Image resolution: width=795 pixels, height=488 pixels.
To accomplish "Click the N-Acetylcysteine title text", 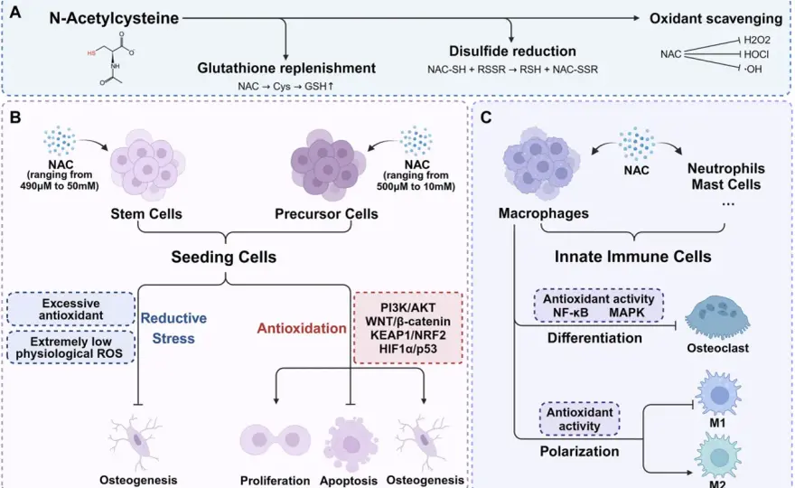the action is coord(114,18).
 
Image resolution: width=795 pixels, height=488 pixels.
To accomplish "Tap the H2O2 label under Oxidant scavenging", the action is coord(757,40).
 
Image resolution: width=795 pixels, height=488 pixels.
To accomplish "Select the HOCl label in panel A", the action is coord(756,54).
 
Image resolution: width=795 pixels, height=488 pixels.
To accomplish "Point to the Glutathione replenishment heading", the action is coord(286,68).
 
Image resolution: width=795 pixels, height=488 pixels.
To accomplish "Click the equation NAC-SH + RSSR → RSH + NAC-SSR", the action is coord(512,70).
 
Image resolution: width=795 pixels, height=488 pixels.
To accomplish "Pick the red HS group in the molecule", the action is coord(91,52).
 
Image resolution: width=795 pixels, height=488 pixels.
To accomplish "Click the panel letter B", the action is coord(15,117).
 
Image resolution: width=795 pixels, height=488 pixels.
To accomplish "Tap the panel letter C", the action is coord(485,117).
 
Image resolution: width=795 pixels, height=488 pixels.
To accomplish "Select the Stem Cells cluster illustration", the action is coord(147,164).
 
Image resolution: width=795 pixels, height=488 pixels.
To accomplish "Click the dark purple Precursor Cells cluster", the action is coord(328,164).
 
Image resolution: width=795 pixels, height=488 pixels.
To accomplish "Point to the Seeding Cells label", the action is coord(224,257).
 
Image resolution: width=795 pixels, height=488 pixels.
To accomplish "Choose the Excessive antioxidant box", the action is coord(71,309).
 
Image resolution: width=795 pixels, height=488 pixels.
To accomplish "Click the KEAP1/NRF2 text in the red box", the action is coord(407,334).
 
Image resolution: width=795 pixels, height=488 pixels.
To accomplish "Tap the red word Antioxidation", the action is coord(302,328).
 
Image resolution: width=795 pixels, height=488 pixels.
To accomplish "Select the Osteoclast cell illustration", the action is coord(717,317).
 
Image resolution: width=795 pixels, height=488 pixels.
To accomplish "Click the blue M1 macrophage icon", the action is coord(718,394).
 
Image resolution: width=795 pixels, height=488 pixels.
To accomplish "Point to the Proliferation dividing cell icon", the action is coord(276,440).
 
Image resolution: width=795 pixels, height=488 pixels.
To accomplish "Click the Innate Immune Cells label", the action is coord(632,256).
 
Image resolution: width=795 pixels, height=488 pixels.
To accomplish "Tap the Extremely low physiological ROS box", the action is coord(71,348).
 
